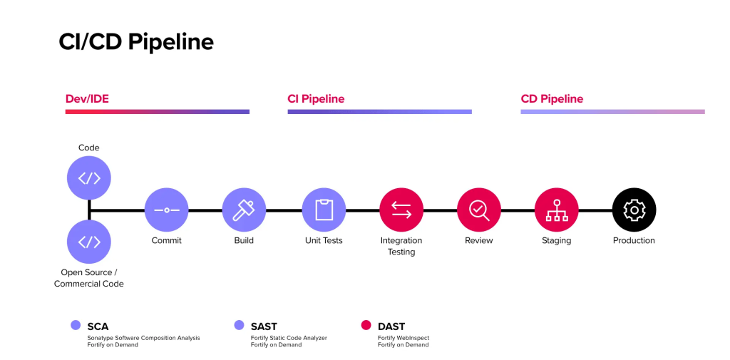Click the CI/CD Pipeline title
point(135,41)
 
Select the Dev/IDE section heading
point(87,99)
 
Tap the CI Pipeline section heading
point(316,99)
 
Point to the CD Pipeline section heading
point(552,99)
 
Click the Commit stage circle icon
point(167,210)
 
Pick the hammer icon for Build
point(244,210)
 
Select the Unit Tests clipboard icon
point(324,210)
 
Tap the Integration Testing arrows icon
point(401,210)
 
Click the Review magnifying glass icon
point(478,210)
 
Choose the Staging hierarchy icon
point(556,210)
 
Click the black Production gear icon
point(634,210)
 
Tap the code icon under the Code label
point(89,178)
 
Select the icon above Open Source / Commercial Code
point(89,242)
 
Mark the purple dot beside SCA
point(76,326)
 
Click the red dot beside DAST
point(366,326)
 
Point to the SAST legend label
point(264,326)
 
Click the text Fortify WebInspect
point(403,337)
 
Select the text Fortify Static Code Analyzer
point(289,337)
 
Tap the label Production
point(634,241)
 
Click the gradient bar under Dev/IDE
point(158,112)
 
